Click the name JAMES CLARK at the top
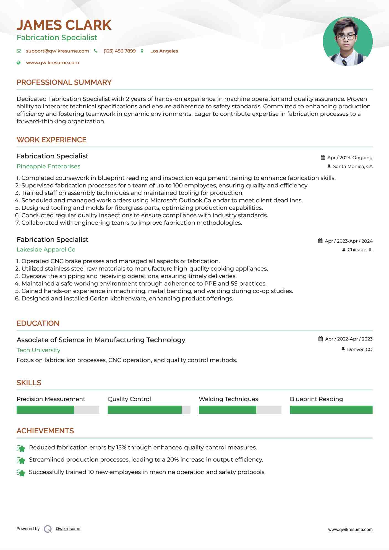(x=64, y=25)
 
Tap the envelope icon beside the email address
(x=19, y=51)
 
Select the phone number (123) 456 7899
(x=119, y=51)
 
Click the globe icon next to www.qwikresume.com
(x=19, y=63)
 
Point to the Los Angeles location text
(x=164, y=51)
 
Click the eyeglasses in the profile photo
(x=346, y=36)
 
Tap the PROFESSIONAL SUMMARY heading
(x=64, y=82)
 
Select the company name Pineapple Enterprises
(x=48, y=166)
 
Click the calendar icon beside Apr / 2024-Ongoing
(x=323, y=158)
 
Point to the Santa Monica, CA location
(x=353, y=167)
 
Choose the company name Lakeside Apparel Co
(x=46, y=250)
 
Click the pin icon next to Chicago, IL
(x=344, y=250)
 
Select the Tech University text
(x=38, y=350)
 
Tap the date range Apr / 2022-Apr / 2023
(x=349, y=339)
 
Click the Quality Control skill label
(x=129, y=399)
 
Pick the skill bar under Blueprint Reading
(x=331, y=410)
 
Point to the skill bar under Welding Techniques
(x=240, y=410)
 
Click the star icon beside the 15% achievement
(x=21, y=448)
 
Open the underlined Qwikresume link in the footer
(x=68, y=529)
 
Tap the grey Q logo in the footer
(x=48, y=529)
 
